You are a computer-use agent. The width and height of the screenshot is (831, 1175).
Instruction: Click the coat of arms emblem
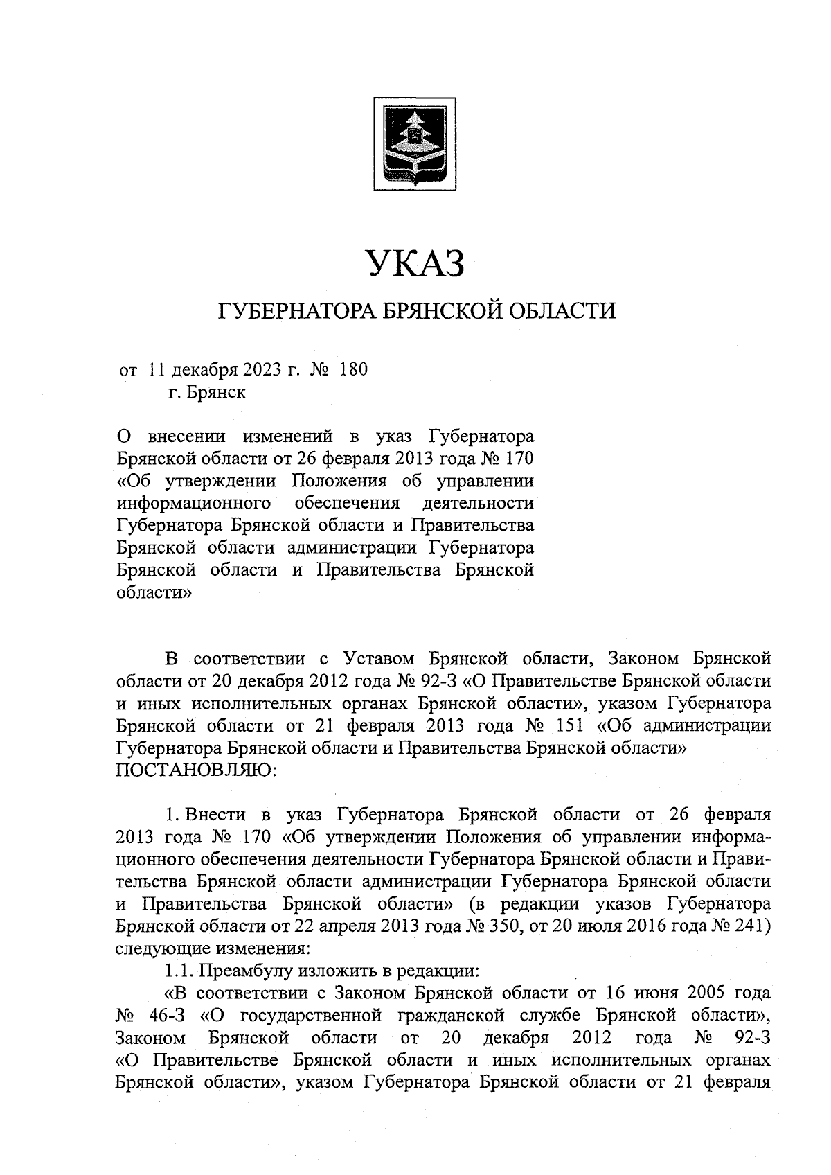click(415, 143)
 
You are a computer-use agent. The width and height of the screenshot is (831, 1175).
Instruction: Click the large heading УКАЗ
click(415, 264)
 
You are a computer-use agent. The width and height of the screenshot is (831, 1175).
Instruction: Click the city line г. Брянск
click(206, 392)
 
